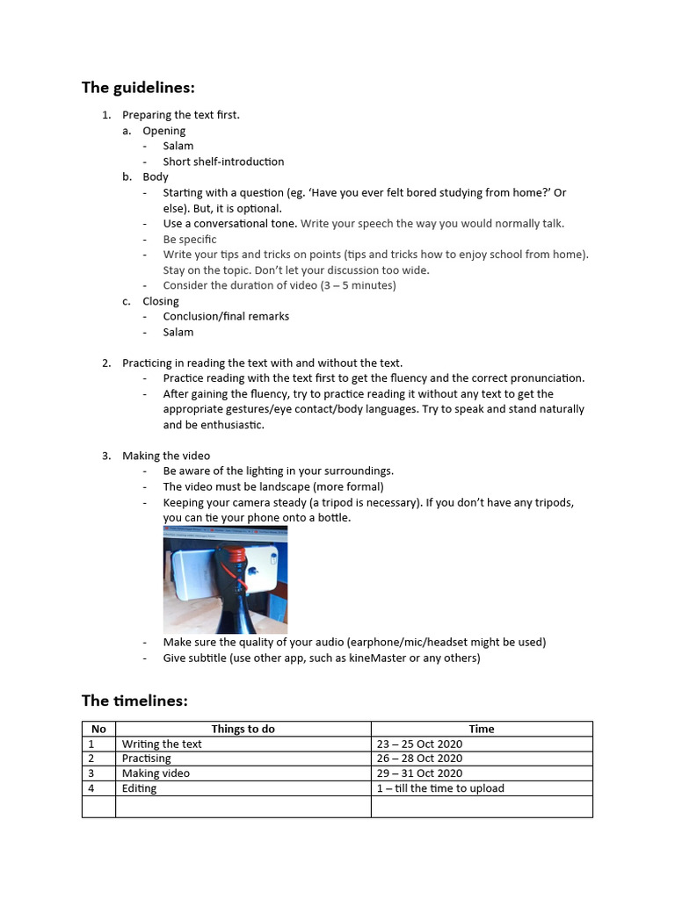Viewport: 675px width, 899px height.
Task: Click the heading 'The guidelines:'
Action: pos(138,87)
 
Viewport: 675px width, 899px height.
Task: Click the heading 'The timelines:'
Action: pos(134,700)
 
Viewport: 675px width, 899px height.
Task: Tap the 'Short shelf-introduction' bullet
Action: pos(223,162)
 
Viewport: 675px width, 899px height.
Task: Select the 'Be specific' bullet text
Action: pos(189,239)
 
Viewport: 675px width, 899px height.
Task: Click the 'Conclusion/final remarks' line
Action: pos(226,316)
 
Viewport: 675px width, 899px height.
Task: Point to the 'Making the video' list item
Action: pos(166,456)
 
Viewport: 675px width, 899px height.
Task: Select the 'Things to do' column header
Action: pos(243,729)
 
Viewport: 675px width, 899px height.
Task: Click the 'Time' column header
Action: pos(482,729)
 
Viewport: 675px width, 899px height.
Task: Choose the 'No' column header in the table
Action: pos(98,729)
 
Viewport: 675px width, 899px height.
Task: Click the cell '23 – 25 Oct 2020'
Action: pos(419,744)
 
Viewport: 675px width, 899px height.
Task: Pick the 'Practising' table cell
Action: pos(147,759)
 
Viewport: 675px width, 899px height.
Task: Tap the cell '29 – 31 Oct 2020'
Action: pos(419,773)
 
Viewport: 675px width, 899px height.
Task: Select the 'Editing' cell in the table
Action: pos(140,788)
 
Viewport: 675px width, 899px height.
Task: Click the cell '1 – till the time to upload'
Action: pos(440,788)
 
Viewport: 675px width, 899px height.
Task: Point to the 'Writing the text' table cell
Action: pos(162,744)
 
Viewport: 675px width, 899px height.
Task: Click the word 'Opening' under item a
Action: pos(164,131)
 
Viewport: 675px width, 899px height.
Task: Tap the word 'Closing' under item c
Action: pos(161,301)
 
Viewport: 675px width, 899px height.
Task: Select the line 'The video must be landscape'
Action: pos(273,486)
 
